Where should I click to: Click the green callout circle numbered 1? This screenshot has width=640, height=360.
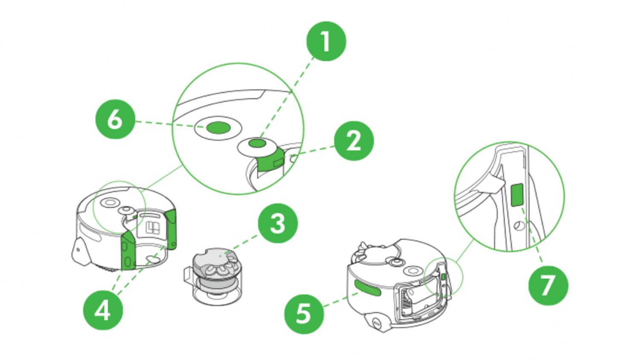[x=326, y=41]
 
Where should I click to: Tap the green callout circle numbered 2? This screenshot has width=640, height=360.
[x=354, y=141]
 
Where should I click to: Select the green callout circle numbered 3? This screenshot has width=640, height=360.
[x=278, y=223]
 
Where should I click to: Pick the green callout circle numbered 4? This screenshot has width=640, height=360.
[x=103, y=310]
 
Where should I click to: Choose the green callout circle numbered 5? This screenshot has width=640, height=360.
[x=304, y=314]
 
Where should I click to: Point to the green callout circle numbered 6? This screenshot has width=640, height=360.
[x=115, y=119]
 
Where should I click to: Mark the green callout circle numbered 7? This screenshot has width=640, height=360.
[x=548, y=285]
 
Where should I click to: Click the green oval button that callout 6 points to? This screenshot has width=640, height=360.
[x=218, y=127]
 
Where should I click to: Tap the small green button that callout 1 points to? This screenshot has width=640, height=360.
[x=256, y=144]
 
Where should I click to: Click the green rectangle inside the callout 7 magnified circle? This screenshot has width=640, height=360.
[x=517, y=195]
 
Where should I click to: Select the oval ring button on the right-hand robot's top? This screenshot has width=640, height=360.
[x=413, y=271]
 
